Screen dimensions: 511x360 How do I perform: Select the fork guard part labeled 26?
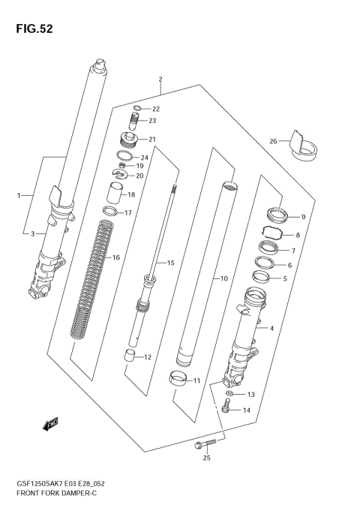coord(303,149)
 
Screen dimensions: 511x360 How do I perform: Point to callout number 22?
coord(156,109)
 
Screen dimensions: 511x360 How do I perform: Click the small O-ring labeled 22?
coord(136,109)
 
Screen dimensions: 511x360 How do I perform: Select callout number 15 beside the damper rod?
coord(170,263)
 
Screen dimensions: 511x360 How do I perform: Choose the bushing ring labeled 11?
coord(178,379)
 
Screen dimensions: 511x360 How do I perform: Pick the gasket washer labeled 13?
coord(230,393)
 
